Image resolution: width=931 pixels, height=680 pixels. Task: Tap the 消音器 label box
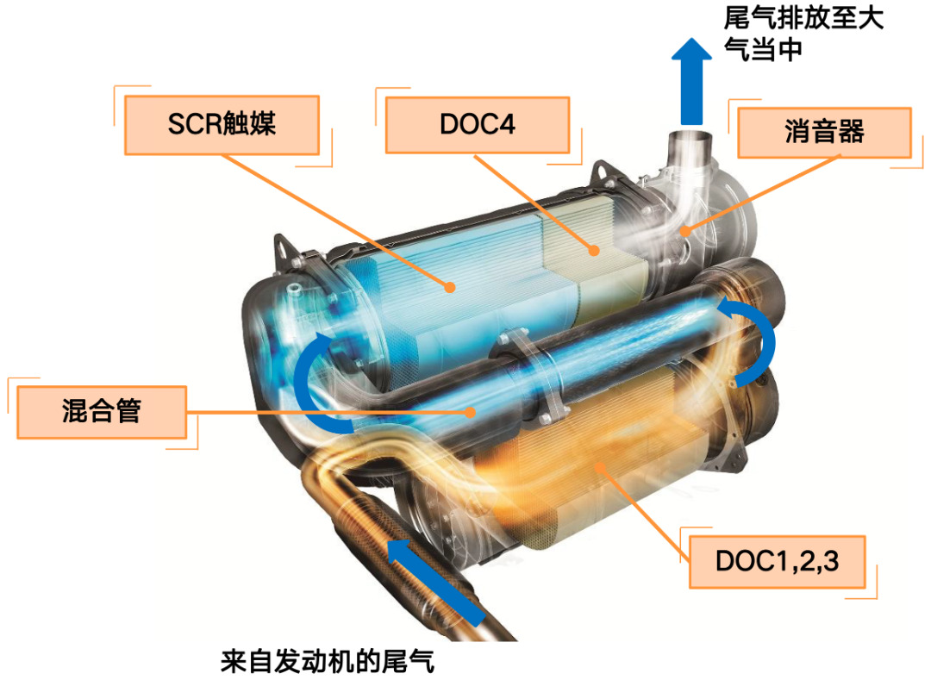(824, 133)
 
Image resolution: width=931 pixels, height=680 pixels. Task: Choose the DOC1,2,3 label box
(777, 560)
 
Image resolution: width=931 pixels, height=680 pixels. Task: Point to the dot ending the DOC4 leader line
(594, 252)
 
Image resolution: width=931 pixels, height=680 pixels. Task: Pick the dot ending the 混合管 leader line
(471, 411)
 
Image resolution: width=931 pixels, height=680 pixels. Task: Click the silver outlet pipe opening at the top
(690, 138)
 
